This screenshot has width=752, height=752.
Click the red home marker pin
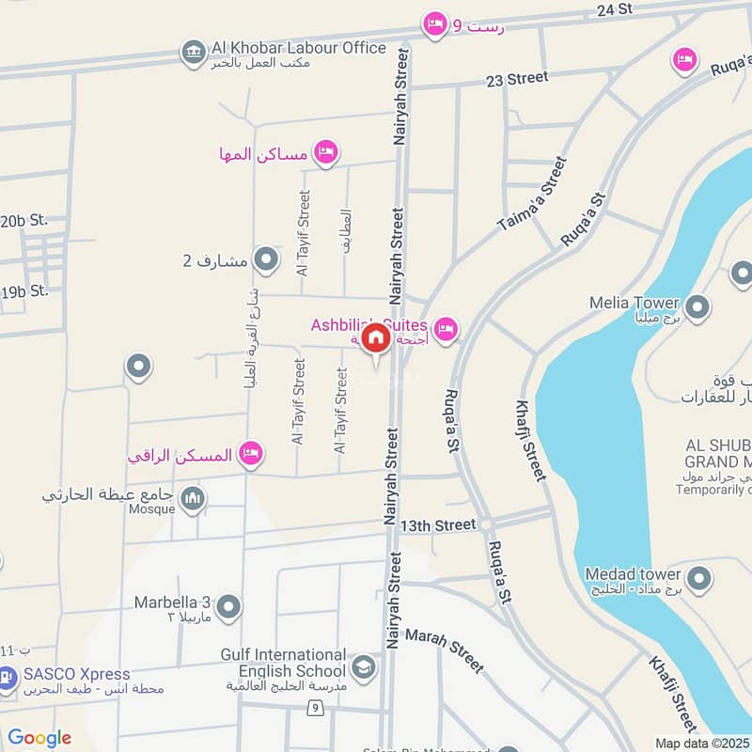(x=375, y=339)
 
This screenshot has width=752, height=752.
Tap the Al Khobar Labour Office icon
(x=194, y=53)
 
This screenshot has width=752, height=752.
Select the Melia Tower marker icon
(x=697, y=307)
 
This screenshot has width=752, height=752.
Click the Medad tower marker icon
(x=697, y=579)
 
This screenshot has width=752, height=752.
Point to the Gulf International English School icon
(x=363, y=668)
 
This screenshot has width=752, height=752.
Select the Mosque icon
(x=193, y=498)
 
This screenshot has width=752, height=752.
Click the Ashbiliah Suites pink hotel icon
(x=446, y=328)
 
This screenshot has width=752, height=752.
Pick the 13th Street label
(x=438, y=525)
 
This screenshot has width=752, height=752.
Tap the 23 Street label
(x=517, y=79)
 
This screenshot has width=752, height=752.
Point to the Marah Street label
(x=445, y=650)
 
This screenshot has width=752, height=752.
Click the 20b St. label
(x=23, y=221)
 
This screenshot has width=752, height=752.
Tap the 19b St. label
(x=24, y=291)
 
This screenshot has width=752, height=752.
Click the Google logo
(x=39, y=738)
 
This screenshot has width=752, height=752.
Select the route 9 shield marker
(x=315, y=708)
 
